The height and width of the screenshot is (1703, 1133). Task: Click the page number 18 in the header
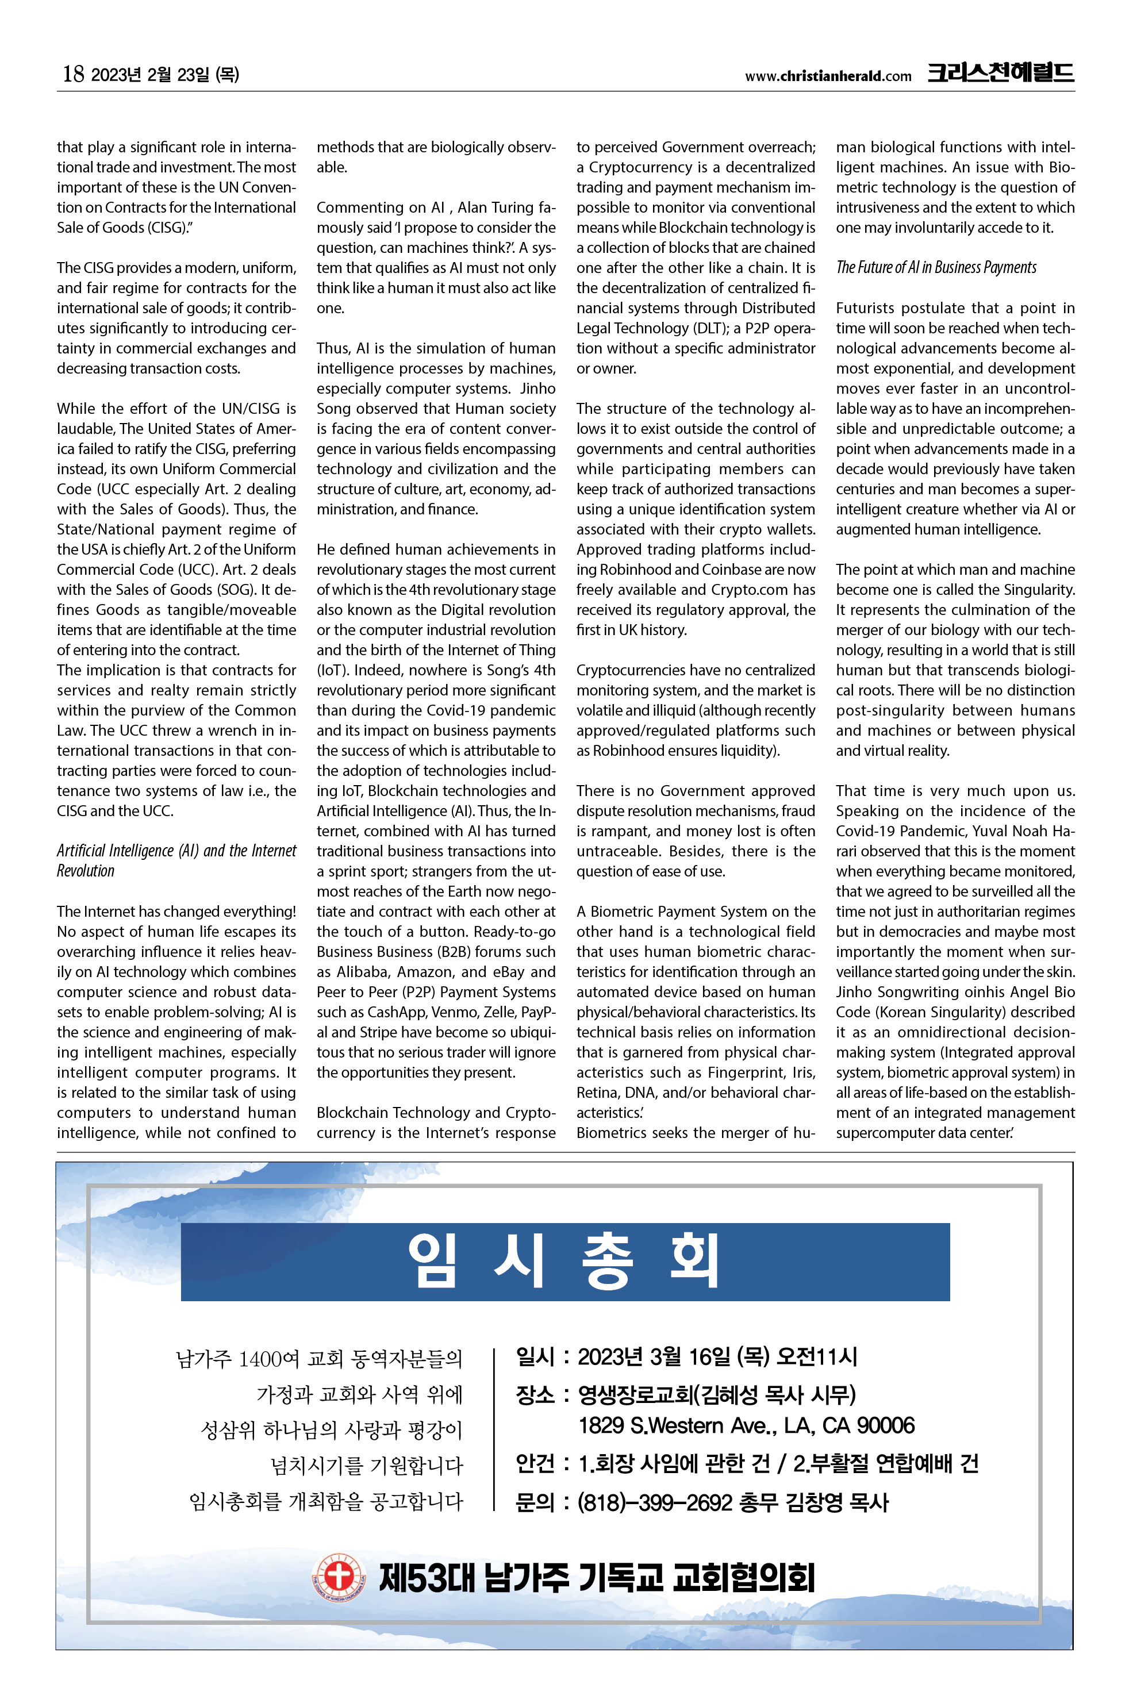click(x=73, y=74)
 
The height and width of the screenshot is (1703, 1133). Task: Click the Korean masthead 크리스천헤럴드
click(x=1000, y=73)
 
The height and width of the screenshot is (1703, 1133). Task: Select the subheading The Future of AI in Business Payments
click(x=936, y=267)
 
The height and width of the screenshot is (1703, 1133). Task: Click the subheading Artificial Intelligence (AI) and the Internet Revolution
click(x=176, y=860)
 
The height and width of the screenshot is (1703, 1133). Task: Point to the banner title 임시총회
click(x=564, y=1262)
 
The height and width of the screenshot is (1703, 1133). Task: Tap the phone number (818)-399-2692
click(x=655, y=1503)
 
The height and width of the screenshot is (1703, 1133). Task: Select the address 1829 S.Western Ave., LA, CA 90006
click(x=746, y=1425)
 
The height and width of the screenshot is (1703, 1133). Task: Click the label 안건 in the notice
click(x=535, y=1464)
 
